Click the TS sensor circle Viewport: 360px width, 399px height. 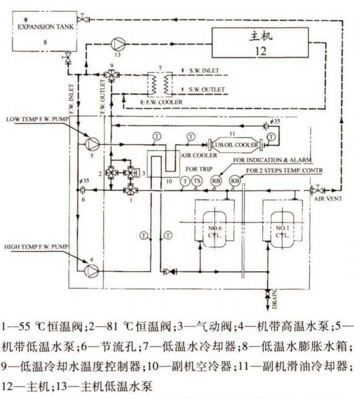(x=196, y=181)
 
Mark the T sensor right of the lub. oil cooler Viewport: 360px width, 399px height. (x=272, y=136)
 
